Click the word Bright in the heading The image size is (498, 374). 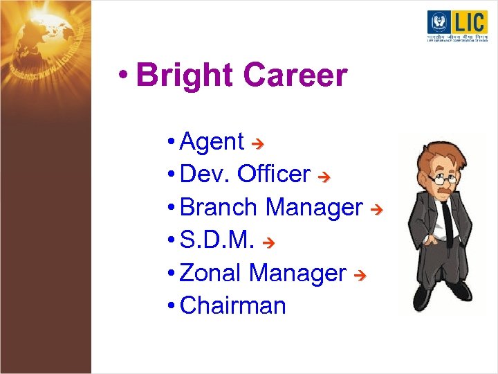(x=185, y=75)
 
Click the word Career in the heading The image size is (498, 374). (x=295, y=75)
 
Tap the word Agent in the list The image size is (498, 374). (x=212, y=141)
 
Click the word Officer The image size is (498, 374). (x=273, y=174)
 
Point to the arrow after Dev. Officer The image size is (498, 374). (x=323, y=176)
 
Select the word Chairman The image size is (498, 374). (x=232, y=305)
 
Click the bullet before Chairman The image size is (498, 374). (x=171, y=305)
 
